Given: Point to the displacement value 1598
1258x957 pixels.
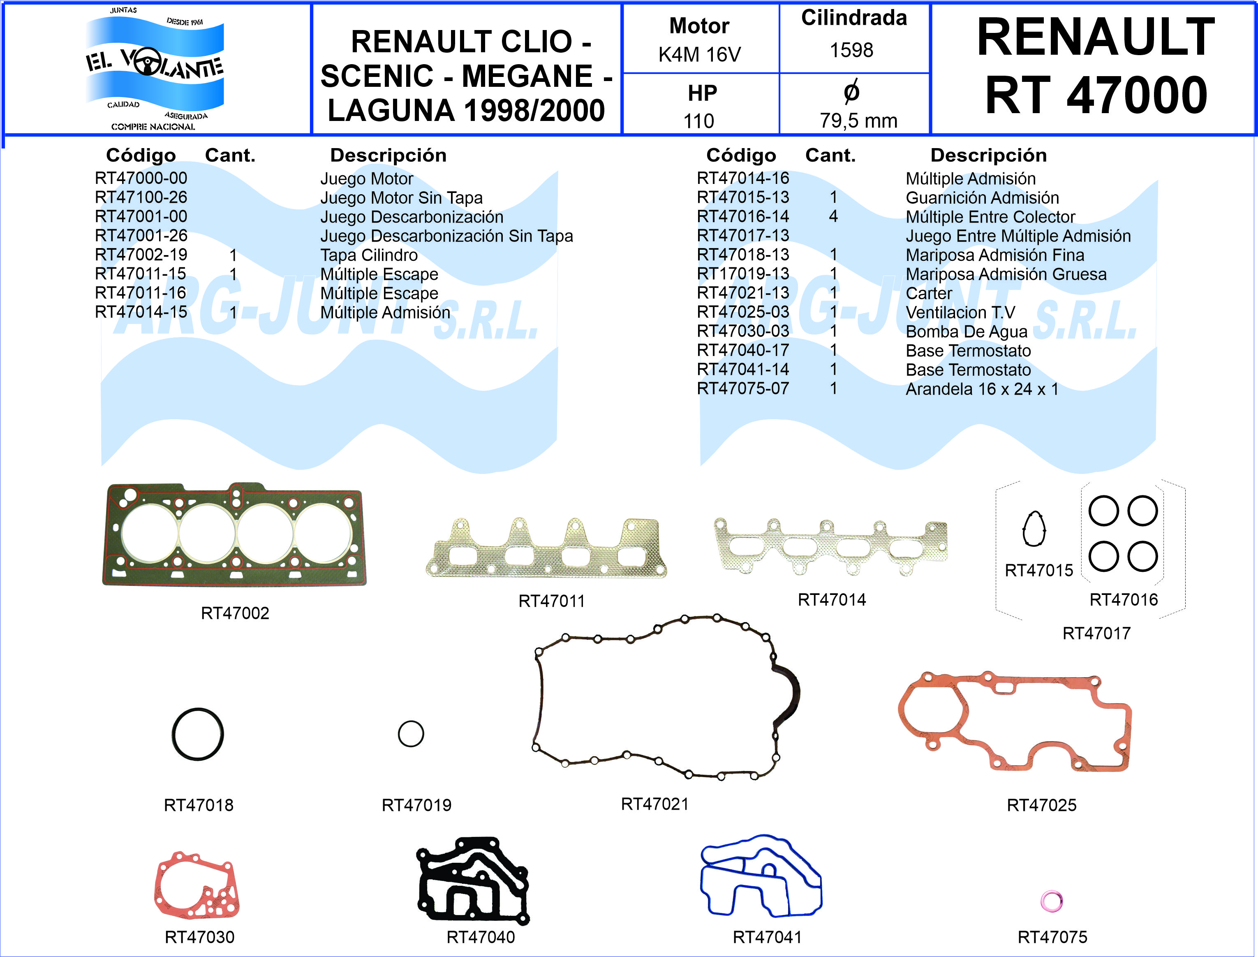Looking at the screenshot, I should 851,50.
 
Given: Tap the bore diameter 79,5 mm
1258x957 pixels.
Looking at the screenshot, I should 858,121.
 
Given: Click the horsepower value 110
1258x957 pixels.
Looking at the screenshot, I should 698,121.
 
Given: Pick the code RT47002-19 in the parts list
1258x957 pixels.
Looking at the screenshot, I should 141,255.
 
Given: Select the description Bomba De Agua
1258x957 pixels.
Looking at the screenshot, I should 966,332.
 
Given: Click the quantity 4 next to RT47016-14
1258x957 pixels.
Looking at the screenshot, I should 833,216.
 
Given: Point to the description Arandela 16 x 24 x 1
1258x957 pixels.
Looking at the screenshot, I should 981,389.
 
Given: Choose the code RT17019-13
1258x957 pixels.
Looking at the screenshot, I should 742,274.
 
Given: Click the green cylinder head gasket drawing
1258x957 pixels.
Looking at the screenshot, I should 234,535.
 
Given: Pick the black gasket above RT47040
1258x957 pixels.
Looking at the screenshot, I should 473,880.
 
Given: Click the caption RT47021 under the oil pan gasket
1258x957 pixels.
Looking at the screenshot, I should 654,804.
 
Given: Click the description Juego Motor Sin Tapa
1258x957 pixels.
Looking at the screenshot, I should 401,197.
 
